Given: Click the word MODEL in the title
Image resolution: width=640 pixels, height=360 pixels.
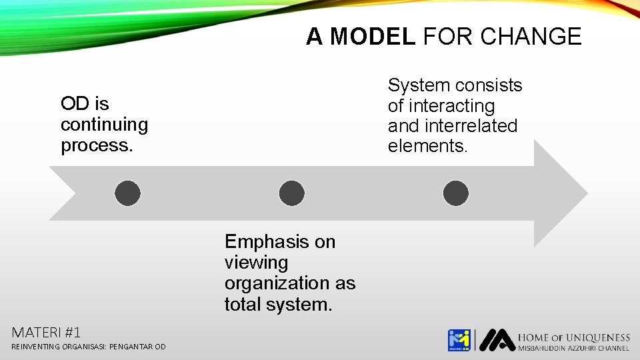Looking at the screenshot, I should [x=372, y=36].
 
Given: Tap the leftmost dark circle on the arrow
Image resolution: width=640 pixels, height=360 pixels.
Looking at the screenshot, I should [x=127, y=193].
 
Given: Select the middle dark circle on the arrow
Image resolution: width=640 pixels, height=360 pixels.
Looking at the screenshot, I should [x=291, y=193].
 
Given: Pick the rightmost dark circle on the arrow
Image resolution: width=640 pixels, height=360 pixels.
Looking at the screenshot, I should [x=455, y=193].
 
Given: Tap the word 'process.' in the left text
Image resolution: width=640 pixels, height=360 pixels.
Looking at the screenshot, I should [x=97, y=145].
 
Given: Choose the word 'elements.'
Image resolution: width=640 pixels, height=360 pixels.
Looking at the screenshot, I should [x=427, y=146].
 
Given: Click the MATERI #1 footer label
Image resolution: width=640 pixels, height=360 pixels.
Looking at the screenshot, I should [x=46, y=332].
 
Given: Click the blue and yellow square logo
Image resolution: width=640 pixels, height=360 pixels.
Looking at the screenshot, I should [x=459, y=340].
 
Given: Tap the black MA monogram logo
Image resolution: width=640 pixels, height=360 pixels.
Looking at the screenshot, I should [x=497, y=340].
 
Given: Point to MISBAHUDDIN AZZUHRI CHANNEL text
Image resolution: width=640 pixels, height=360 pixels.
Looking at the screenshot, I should [x=573, y=349].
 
